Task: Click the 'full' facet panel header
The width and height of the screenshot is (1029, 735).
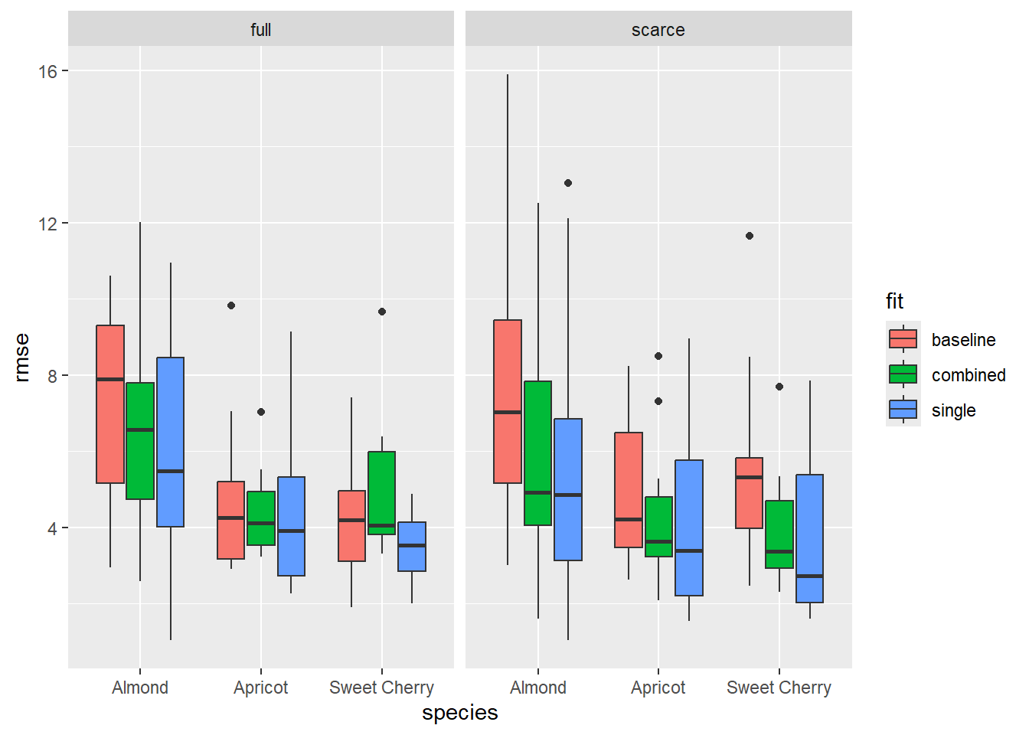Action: point(260,30)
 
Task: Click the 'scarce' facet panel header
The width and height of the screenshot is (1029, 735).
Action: point(658,30)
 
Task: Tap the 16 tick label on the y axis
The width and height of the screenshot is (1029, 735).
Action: point(47,71)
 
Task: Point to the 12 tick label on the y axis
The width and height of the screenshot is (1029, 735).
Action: point(47,224)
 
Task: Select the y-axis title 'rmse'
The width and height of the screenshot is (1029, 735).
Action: point(21,357)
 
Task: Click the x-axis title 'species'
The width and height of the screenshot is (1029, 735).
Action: point(459,713)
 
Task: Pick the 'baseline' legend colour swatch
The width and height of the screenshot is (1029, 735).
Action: point(903,339)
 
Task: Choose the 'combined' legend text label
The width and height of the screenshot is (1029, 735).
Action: point(969,375)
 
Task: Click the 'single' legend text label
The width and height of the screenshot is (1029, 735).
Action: point(953,410)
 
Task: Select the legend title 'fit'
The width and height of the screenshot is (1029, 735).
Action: point(894,302)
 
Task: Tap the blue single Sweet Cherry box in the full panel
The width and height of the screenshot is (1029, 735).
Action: point(412,547)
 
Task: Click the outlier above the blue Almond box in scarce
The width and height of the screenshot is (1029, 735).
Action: point(568,183)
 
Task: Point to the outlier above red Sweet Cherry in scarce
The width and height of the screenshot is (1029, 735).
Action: point(750,236)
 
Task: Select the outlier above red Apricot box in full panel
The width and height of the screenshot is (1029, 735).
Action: point(231,305)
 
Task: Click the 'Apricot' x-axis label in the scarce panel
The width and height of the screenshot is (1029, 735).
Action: point(658,688)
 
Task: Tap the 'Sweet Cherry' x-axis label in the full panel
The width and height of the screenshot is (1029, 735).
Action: point(381,688)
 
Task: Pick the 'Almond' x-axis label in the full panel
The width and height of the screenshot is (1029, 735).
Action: point(140,688)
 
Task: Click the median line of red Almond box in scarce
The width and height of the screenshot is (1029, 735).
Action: point(508,412)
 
